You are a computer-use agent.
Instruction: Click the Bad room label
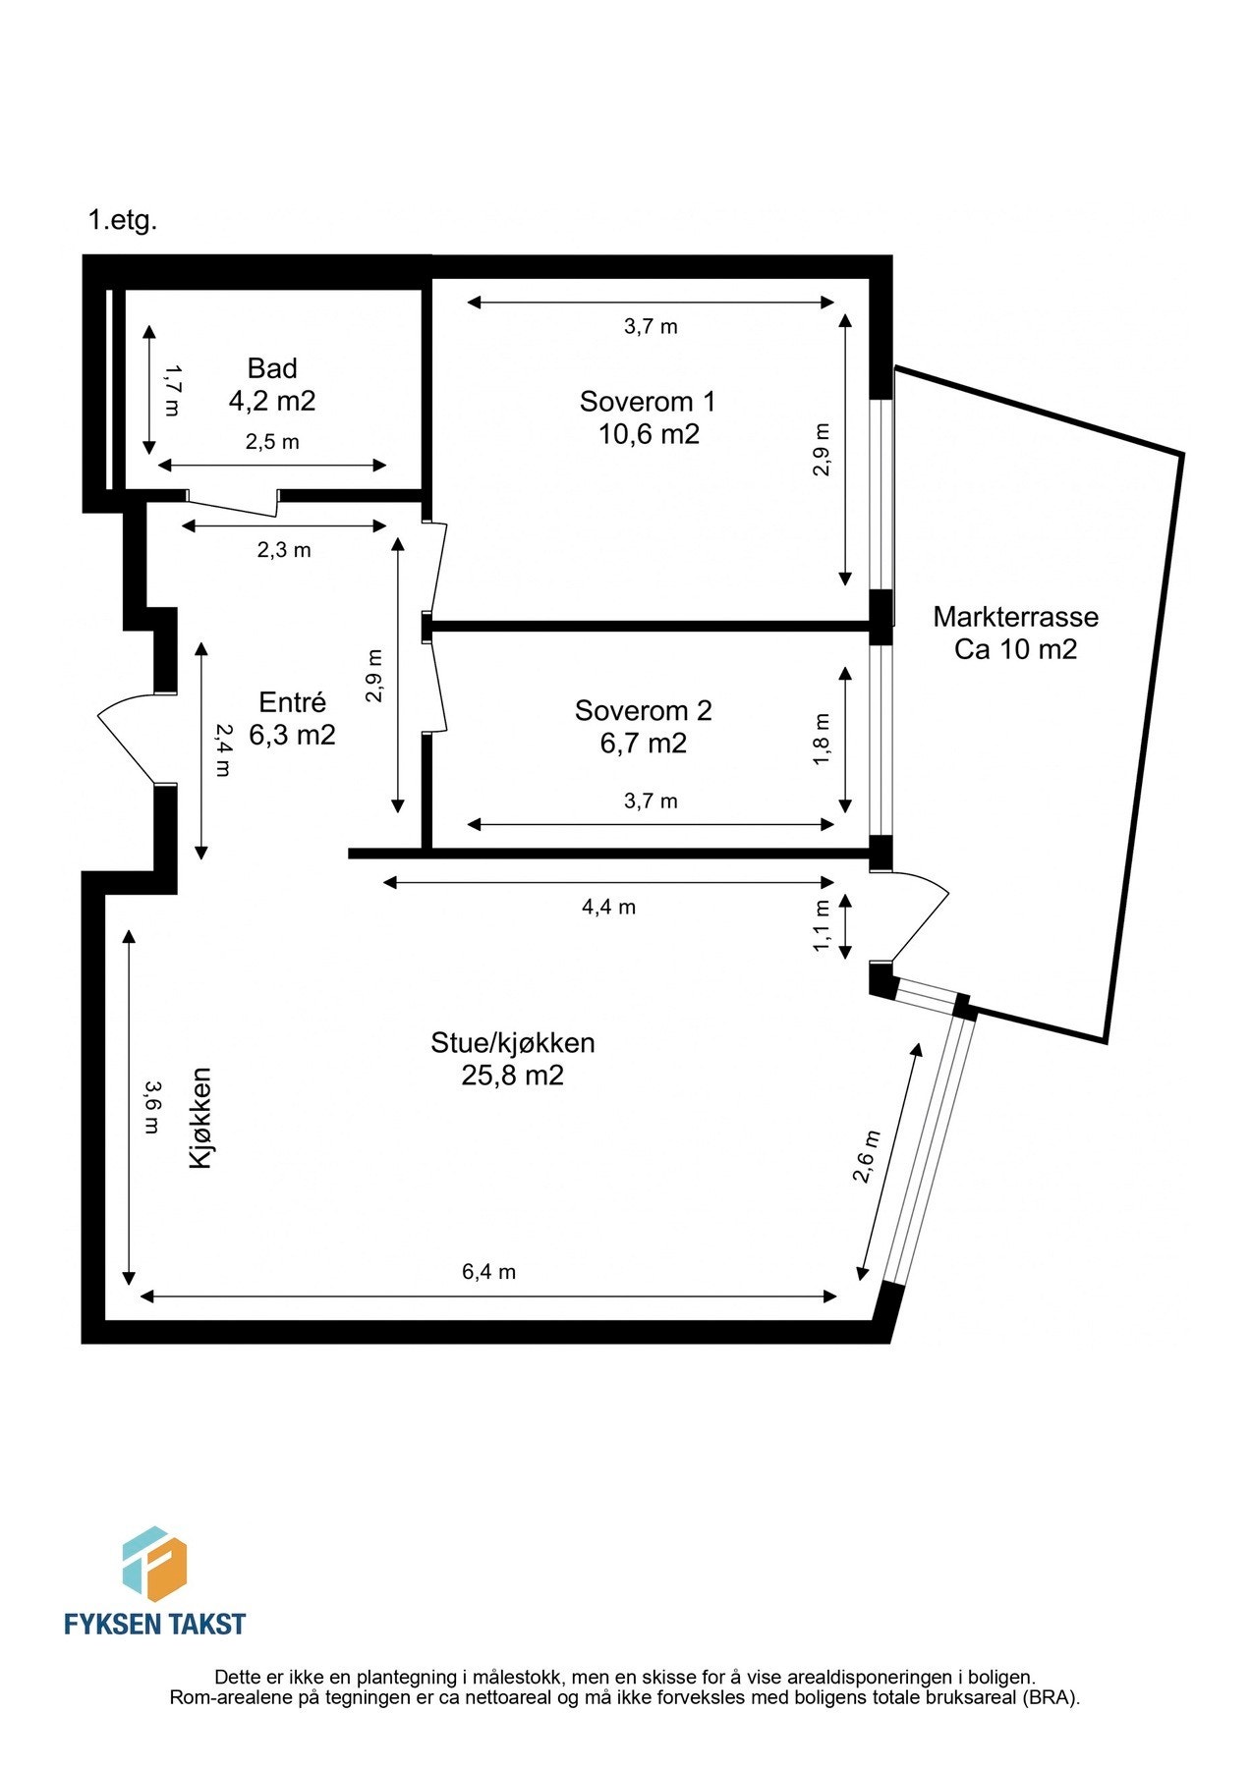[272, 368]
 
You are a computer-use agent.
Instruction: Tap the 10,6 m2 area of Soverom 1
[649, 433]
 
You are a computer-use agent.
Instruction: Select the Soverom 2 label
[643, 710]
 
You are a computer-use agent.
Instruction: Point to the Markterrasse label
[1015, 617]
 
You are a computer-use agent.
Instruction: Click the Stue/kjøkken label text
[512, 1042]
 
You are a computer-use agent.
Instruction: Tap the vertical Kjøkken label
[200, 1118]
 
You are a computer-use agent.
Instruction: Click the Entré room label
[292, 702]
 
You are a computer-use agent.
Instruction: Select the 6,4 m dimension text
[488, 1272]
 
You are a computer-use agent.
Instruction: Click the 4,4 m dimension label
[608, 907]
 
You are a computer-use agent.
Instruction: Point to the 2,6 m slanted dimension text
[866, 1156]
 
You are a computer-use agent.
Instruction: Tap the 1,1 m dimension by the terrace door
[822, 925]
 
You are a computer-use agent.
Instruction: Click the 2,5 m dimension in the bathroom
[272, 442]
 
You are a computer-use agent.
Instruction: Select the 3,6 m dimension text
[150, 1107]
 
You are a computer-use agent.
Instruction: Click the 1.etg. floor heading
[123, 220]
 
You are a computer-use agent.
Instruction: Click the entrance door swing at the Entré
[128, 737]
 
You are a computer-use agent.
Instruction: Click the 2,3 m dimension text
[284, 550]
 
